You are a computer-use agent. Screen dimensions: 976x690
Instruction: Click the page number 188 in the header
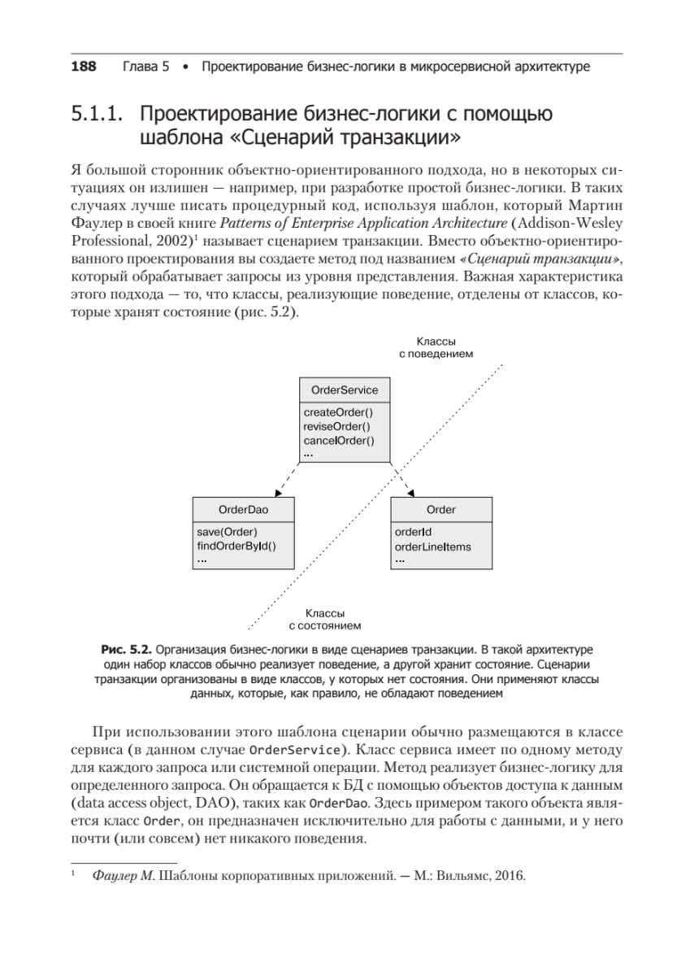coord(84,66)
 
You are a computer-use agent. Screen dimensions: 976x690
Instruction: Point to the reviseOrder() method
coord(336,427)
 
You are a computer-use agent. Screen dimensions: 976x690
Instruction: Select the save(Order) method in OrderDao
coord(227,533)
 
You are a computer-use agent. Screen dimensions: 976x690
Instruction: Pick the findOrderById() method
coord(237,547)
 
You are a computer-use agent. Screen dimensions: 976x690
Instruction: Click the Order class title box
coord(440,510)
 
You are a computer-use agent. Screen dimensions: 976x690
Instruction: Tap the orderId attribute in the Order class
coord(413,533)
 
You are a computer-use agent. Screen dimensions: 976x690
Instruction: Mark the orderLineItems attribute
coord(432,547)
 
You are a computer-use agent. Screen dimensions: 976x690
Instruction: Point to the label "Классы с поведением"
coord(436,348)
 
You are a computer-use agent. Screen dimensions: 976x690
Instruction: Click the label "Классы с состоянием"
coord(325,619)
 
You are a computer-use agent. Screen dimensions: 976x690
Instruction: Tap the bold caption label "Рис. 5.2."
coord(125,651)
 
